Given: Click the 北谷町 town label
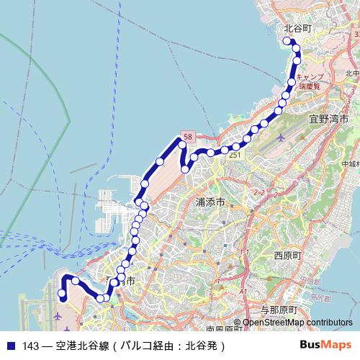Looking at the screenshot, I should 297,29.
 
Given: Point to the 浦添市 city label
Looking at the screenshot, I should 211,202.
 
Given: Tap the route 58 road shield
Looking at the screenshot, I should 188,137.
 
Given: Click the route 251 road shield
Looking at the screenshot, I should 235,156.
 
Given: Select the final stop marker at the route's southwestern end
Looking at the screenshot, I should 63,295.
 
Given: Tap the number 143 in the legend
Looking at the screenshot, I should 31,346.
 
